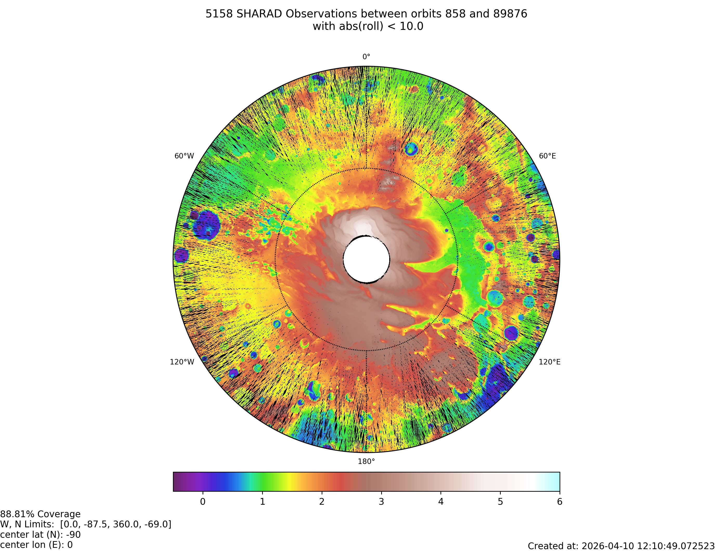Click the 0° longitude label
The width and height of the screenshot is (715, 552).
tap(366, 57)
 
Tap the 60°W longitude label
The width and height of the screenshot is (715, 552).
tap(184, 156)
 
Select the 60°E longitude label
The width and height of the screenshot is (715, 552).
tap(547, 156)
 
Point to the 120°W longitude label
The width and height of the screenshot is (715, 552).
tap(182, 362)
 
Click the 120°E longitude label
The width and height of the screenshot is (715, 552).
tap(550, 362)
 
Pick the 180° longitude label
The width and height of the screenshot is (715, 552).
tap(366, 461)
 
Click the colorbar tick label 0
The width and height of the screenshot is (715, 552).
tap(203, 502)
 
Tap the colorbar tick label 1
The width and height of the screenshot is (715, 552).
tap(262, 502)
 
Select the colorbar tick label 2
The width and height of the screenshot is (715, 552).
tap(322, 502)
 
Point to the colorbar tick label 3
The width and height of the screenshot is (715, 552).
tap(381, 502)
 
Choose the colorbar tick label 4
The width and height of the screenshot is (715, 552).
tap(441, 502)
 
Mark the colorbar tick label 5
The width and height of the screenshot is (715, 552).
tap(500, 502)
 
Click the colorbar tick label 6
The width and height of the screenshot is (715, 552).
tap(560, 502)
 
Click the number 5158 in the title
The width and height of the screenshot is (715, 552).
tap(219, 14)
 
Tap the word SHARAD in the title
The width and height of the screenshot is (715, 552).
tap(259, 14)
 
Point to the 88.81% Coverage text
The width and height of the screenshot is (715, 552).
tap(40, 514)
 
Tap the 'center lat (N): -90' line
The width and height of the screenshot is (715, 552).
tap(40, 535)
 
